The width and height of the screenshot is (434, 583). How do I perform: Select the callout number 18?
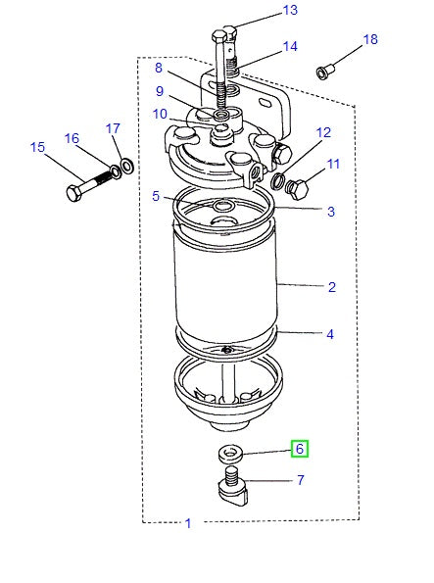(369, 40)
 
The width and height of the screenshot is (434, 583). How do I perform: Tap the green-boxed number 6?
(301, 449)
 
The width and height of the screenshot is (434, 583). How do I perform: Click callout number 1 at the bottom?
(188, 523)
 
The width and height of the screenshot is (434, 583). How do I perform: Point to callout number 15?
(38, 148)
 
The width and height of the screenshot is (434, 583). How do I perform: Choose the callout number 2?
(331, 287)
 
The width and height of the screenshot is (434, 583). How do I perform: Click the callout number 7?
(300, 480)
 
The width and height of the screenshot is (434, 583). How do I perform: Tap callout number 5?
(156, 196)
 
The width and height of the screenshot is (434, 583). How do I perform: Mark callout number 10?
(159, 115)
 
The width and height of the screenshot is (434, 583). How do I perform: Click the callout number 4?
(331, 334)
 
